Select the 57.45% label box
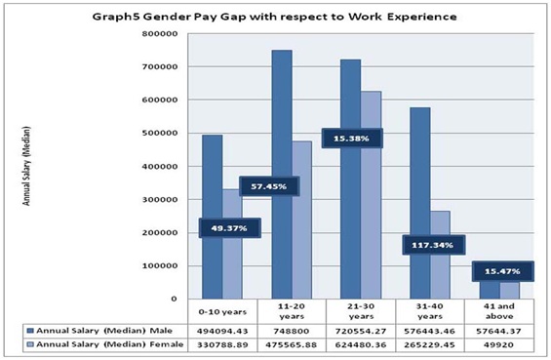click(x=269, y=187)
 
